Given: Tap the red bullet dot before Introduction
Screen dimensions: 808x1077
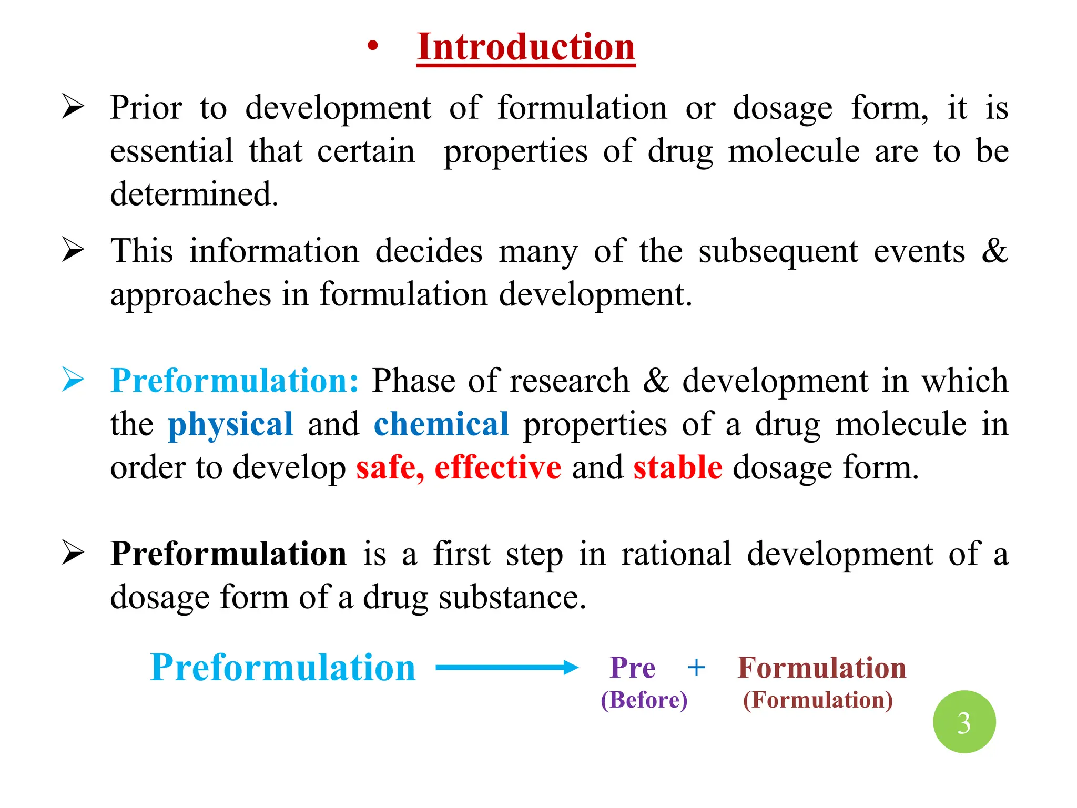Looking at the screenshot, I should coord(373,46).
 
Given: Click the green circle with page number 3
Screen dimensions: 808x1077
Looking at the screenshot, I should coord(964,721).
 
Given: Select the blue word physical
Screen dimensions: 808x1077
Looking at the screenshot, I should coord(230,424).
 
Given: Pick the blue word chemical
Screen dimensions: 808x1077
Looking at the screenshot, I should coord(441,424).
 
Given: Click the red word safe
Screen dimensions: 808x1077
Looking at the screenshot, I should coord(390,467).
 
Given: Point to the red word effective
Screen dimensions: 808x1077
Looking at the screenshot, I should coord(497,467).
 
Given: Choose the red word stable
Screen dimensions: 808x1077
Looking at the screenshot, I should coord(677,467).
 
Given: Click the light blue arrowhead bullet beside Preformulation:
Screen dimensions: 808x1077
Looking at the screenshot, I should coord(73,380).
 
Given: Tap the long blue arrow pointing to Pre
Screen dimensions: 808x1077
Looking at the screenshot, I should coord(506,668).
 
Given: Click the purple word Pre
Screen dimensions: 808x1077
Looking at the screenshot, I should coord(632,668).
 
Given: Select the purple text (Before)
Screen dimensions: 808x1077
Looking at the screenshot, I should coord(644,700).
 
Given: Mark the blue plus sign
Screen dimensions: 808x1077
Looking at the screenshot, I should coord(696,668).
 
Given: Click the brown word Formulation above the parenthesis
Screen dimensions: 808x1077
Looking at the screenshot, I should coord(821,668).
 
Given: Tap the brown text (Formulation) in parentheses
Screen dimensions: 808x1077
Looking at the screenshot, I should coord(818,700).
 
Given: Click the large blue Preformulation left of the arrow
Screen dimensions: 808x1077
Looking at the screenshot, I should coord(282,668).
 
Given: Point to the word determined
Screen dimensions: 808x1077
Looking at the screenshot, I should coord(194,194).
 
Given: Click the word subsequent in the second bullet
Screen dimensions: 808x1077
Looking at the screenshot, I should coord(778,251).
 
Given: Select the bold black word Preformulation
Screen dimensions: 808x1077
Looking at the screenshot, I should coord(229,554).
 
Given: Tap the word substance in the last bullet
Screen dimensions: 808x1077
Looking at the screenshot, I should coord(512,598).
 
